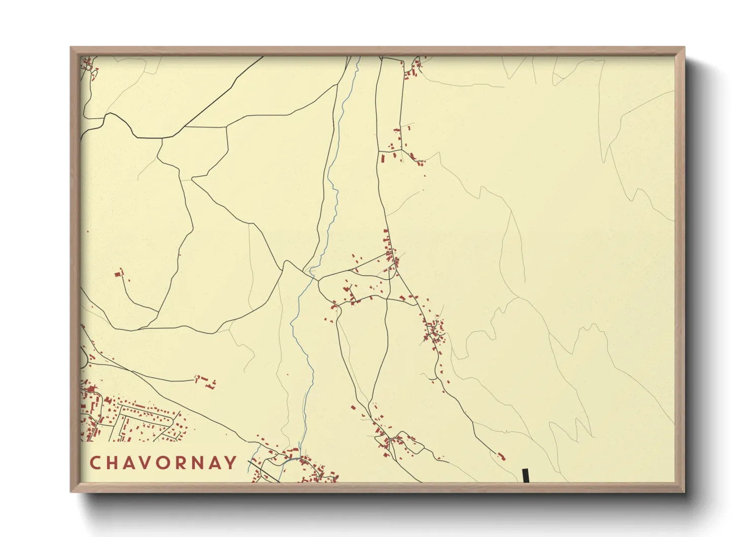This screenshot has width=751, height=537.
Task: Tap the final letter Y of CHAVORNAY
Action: click(x=231, y=462)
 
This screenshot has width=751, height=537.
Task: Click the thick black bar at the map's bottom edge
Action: click(x=526, y=476)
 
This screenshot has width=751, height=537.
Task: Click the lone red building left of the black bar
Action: click(x=502, y=456)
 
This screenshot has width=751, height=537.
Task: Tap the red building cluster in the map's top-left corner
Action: click(x=89, y=66)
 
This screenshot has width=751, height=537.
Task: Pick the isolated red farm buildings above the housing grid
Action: click(x=206, y=381)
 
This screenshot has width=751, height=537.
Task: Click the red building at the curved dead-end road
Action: click(x=120, y=274)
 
